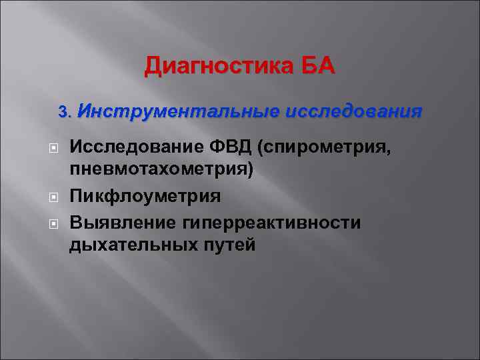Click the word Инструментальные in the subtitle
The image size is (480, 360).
pos(175,110)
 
